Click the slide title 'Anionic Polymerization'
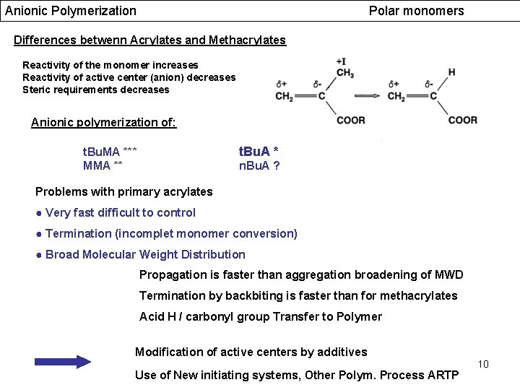pos(71,11)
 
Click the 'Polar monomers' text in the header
pos(416,11)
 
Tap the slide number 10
pos(483,364)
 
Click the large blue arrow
pos(64,362)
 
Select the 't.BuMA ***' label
pos(110,152)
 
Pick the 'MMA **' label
pos(103,165)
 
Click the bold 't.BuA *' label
pos(259,152)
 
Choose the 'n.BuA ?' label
pos(259,165)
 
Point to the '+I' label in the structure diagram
pos(340,61)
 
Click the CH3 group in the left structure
pos(344,73)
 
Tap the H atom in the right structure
pos(451,72)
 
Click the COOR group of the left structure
pos(350,120)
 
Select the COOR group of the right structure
pos(462,120)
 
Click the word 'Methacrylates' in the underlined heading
pos(247,40)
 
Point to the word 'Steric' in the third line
pos(38,90)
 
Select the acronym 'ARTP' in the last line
pos(444,375)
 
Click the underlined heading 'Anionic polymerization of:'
pos(103,123)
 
